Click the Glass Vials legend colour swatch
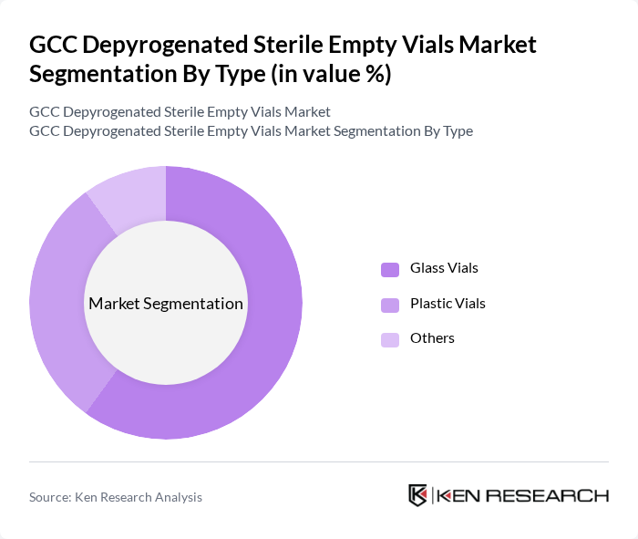tap(390, 269)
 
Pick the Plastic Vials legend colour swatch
tap(390, 304)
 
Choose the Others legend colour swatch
tap(390, 339)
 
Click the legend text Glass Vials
tap(444, 268)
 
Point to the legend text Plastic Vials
tap(448, 303)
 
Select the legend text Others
tap(432, 338)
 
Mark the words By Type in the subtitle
tap(448, 130)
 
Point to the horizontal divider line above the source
tap(319, 462)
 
